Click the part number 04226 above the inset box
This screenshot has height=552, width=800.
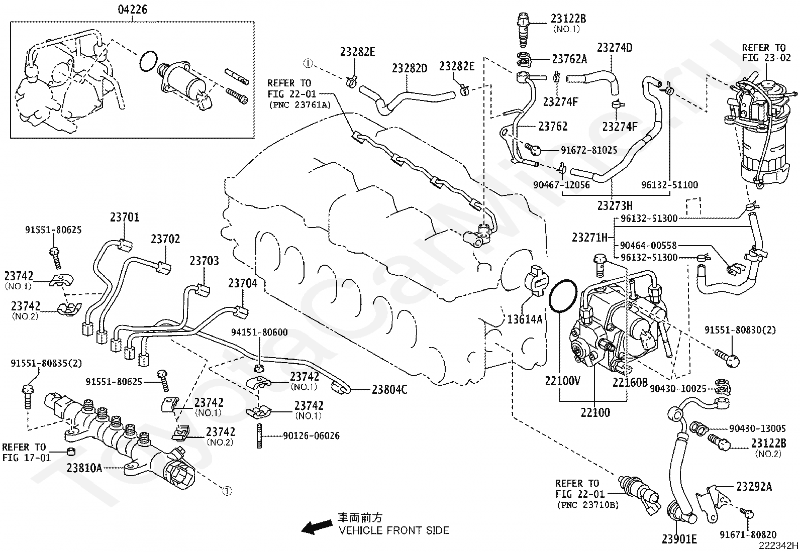tap(132, 10)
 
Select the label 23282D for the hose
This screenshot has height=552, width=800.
tap(409, 68)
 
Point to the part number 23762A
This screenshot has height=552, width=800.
tap(569, 59)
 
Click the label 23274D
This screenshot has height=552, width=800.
tap(614, 48)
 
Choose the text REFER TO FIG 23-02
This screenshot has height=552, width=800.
tap(766, 52)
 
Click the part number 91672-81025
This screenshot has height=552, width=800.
tap(588, 150)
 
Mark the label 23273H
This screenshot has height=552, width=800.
tap(615, 205)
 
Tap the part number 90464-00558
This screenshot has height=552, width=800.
tap(648, 246)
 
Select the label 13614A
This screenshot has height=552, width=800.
tap(525, 319)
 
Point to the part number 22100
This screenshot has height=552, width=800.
tap(595, 413)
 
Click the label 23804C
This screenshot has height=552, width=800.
tap(389, 389)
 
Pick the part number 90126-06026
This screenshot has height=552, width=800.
tap(311, 435)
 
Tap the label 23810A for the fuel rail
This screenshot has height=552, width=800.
tap(84, 468)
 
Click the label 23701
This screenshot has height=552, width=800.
tap(124, 217)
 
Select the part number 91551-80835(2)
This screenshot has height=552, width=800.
tap(46, 364)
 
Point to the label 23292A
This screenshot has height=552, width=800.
tap(754, 486)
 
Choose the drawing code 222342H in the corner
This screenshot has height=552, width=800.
tap(778, 545)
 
